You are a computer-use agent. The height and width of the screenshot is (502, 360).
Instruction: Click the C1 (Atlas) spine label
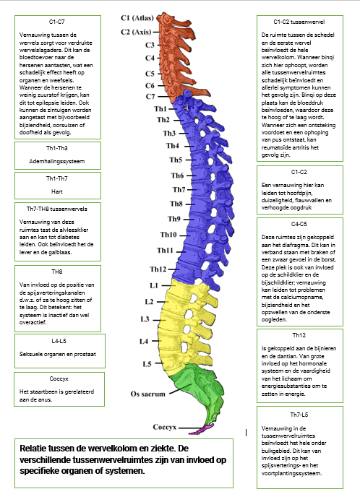tap(137, 18)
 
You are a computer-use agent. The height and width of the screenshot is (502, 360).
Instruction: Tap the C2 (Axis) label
tap(136, 32)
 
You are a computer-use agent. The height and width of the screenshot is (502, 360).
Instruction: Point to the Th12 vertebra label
tap(158, 269)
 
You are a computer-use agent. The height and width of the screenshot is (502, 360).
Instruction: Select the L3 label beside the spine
tap(145, 319)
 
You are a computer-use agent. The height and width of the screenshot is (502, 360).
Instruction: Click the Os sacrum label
tap(148, 394)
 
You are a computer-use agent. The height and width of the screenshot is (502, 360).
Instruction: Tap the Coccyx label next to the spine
tap(165, 427)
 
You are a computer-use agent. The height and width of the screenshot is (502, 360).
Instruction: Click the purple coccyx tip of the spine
tap(202, 429)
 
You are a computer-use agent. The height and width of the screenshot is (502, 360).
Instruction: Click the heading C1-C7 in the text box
tap(56, 22)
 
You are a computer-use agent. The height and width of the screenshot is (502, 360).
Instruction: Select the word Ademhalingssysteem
tap(56, 161)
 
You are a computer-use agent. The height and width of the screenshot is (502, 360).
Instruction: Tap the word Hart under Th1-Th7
tap(56, 192)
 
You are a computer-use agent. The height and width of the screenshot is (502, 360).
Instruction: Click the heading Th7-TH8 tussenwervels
tap(56, 209)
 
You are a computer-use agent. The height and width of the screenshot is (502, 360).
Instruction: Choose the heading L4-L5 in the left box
tap(59, 341)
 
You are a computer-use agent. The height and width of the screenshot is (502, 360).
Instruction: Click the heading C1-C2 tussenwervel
tap(299, 22)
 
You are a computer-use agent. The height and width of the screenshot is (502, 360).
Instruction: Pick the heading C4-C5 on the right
tap(299, 224)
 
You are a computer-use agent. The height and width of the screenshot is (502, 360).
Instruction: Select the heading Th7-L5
tap(299, 415)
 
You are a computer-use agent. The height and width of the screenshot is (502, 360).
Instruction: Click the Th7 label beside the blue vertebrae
tap(179, 189)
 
